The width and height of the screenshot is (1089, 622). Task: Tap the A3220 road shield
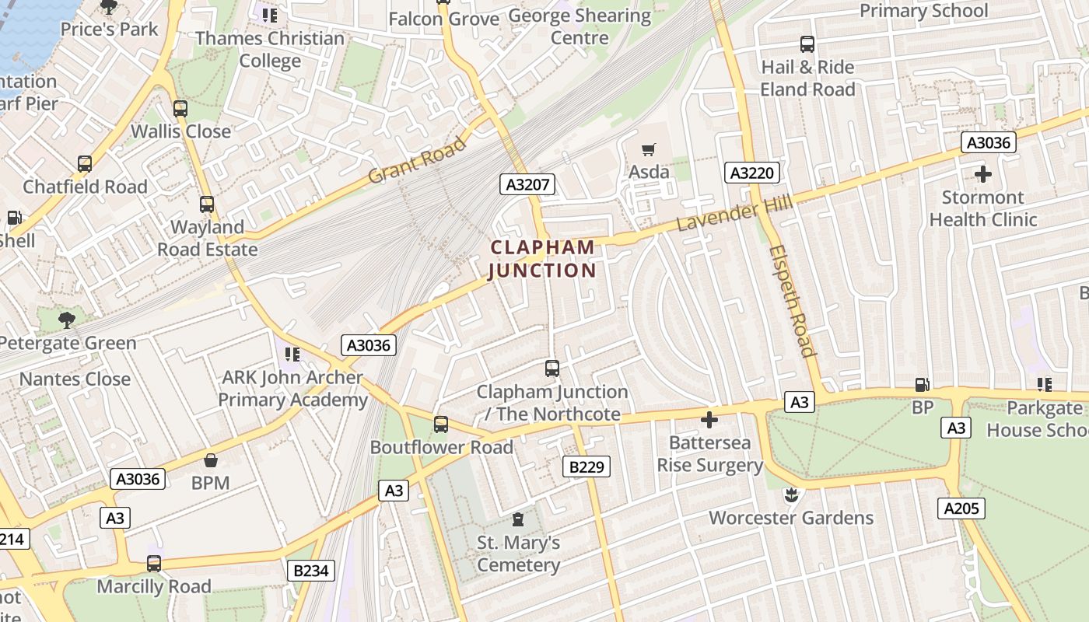coord(752,173)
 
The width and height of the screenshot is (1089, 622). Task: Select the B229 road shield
coord(586,466)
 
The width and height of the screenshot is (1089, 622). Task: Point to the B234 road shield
coord(310,571)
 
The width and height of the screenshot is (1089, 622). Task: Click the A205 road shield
coord(961,508)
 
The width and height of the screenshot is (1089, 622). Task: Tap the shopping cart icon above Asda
coord(648,149)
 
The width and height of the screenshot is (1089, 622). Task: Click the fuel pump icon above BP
coord(922,384)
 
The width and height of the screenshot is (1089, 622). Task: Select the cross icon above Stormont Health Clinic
coord(983,174)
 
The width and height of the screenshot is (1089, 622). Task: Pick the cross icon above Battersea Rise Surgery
coord(709,420)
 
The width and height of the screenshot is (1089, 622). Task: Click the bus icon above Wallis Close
coord(180,109)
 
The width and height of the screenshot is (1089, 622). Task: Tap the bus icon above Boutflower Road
coord(441,425)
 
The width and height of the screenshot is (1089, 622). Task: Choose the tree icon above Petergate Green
coord(67,320)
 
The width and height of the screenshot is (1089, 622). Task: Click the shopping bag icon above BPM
coord(210,460)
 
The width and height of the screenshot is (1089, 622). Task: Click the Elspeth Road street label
coord(792,300)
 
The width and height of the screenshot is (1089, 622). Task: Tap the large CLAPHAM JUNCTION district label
coord(542,259)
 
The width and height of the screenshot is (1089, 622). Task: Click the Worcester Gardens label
coord(791,518)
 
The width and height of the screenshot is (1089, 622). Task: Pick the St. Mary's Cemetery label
coord(518,554)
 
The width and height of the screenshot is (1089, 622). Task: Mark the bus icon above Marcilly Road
coord(154,564)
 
